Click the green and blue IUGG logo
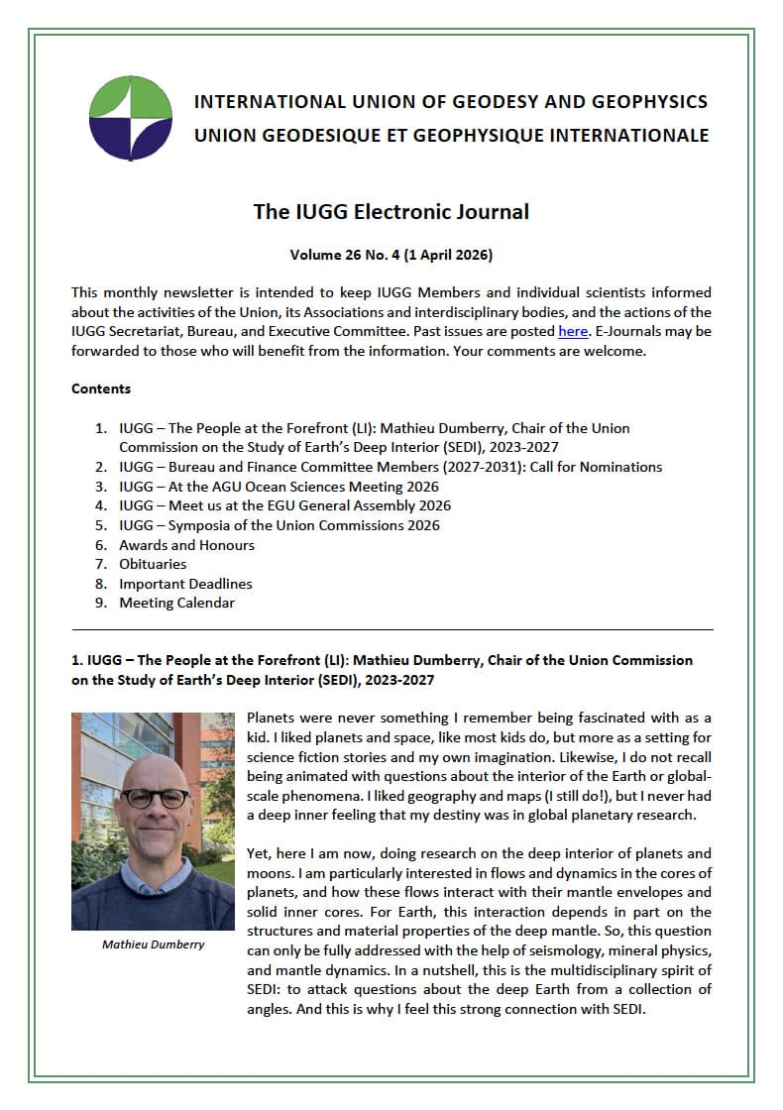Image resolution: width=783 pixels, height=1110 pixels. pyautogui.click(x=130, y=117)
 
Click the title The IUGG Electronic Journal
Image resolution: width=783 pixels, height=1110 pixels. pyautogui.click(x=391, y=211)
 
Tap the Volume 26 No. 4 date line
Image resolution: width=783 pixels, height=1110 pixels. pyautogui.click(x=391, y=255)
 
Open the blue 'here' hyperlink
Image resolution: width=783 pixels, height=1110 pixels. pyautogui.click(x=573, y=330)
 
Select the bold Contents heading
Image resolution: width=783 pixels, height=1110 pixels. pyautogui.click(x=101, y=388)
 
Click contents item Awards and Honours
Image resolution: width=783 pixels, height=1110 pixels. pyautogui.click(x=186, y=545)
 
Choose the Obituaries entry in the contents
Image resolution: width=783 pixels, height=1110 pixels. pyautogui.click(x=153, y=564)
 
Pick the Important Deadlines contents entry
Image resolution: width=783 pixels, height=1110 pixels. pyautogui.click(x=185, y=584)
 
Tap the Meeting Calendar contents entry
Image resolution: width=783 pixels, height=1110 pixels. pyautogui.click(x=176, y=603)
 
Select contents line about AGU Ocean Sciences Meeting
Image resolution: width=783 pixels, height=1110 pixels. pyautogui.click(x=279, y=487)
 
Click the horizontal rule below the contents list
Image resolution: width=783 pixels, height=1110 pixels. pyautogui.click(x=391, y=629)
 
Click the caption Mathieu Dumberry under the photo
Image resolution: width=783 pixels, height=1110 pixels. pyautogui.click(x=154, y=943)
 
